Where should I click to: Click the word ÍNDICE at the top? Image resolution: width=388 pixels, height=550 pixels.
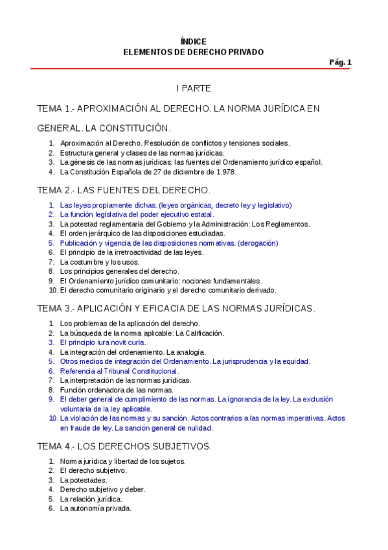click(x=194, y=41)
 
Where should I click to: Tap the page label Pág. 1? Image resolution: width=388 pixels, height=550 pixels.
click(x=340, y=62)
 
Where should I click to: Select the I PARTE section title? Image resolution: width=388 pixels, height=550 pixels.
click(x=194, y=88)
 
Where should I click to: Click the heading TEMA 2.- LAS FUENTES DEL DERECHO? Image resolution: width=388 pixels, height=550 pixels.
click(x=124, y=190)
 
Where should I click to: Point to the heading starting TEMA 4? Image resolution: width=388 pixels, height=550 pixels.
click(x=124, y=446)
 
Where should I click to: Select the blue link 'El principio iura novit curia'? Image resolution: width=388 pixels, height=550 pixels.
click(x=103, y=342)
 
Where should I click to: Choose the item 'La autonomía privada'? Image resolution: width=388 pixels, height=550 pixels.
click(x=96, y=508)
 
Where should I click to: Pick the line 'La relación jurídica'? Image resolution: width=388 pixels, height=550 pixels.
click(x=91, y=499)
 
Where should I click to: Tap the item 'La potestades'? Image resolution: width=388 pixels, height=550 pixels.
click(x=84, y=480)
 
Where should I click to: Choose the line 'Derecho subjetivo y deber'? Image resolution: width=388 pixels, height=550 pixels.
click(x=102, y=490)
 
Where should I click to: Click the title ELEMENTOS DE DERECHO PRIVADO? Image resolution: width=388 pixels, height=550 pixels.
click(x=194, y=52)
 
